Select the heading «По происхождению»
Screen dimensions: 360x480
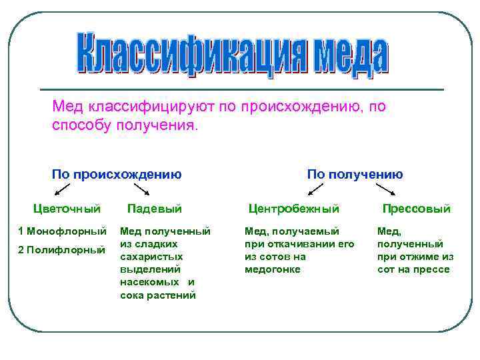tap(117, 175)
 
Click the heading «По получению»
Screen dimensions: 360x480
tap(355, 175)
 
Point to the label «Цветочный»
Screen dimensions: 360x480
tap(67, 209)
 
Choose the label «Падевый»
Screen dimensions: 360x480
tap(154, 209)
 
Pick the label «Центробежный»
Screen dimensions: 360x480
tap(294, 209)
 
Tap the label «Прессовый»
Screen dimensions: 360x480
tap(416, 209)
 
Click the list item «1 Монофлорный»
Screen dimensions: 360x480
tap(62, 231)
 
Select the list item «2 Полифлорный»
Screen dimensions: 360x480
tap(62, 250)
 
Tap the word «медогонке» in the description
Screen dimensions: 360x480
tap(273, 269)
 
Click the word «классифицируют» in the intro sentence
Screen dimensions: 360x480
tap(151, 107)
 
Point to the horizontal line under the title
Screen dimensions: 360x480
tap(242, 89)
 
